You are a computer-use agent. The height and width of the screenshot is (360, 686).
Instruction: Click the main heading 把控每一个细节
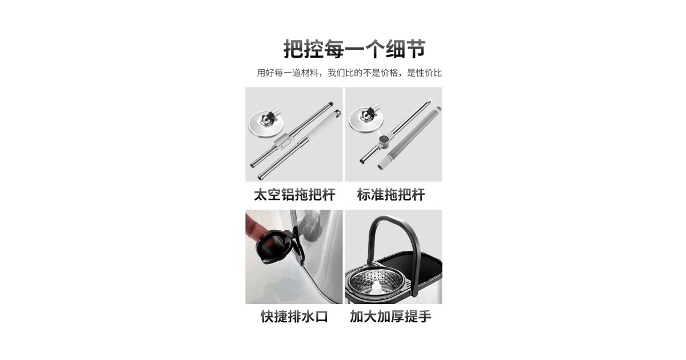pyautogui.click(x=354, y=49)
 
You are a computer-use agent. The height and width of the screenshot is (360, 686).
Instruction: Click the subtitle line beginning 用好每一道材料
pyautogui.click(x=349, y=73)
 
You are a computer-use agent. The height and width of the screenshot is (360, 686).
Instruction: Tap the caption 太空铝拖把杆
pyautogui.click(x=294, y=195)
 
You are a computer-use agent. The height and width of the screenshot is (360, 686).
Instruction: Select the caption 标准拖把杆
pyautogui.click(x=391, y=195)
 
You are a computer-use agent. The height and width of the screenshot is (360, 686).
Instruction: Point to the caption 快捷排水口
pyautogui.click(x=294, y=317)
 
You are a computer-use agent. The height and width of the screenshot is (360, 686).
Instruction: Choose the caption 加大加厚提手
pyautogui.click(x=390, y=317)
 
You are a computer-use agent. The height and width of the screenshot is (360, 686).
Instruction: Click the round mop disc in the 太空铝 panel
pyautogui.click(x=265, y=125)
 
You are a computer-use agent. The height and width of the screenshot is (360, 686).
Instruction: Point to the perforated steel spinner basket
pyautogui.click(x=376, y=282)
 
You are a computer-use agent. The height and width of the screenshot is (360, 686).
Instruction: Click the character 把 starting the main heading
pyautogui.click(x=293, y=49)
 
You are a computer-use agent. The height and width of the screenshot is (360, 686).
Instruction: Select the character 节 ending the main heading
pyautogui.click(x=416, y=49)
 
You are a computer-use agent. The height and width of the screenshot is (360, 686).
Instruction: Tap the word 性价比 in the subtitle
pyautogui.click(x=429, y=73)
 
